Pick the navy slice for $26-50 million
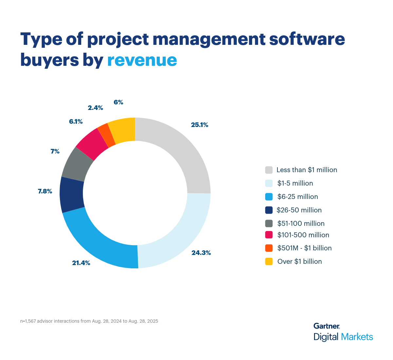click(x=72, y=195)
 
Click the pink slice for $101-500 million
click(x=92, y=144)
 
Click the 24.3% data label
click(x=201, y=253)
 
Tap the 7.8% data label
click(x=45, y=191)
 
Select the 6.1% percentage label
click(x=76, y=122)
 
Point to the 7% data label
click(x=55, y=151)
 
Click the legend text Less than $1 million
click(x=307, y=170)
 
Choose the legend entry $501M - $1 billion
click(x=304, y=248)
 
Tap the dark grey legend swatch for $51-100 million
click(x=269, y=224)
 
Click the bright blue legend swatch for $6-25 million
click(x=269, y=197)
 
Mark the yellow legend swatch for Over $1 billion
click(x=269, y=261)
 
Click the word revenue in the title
click(x=142, y=60)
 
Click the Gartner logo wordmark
click(x=327, y=326)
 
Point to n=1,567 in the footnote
click(x=28, y=321)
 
